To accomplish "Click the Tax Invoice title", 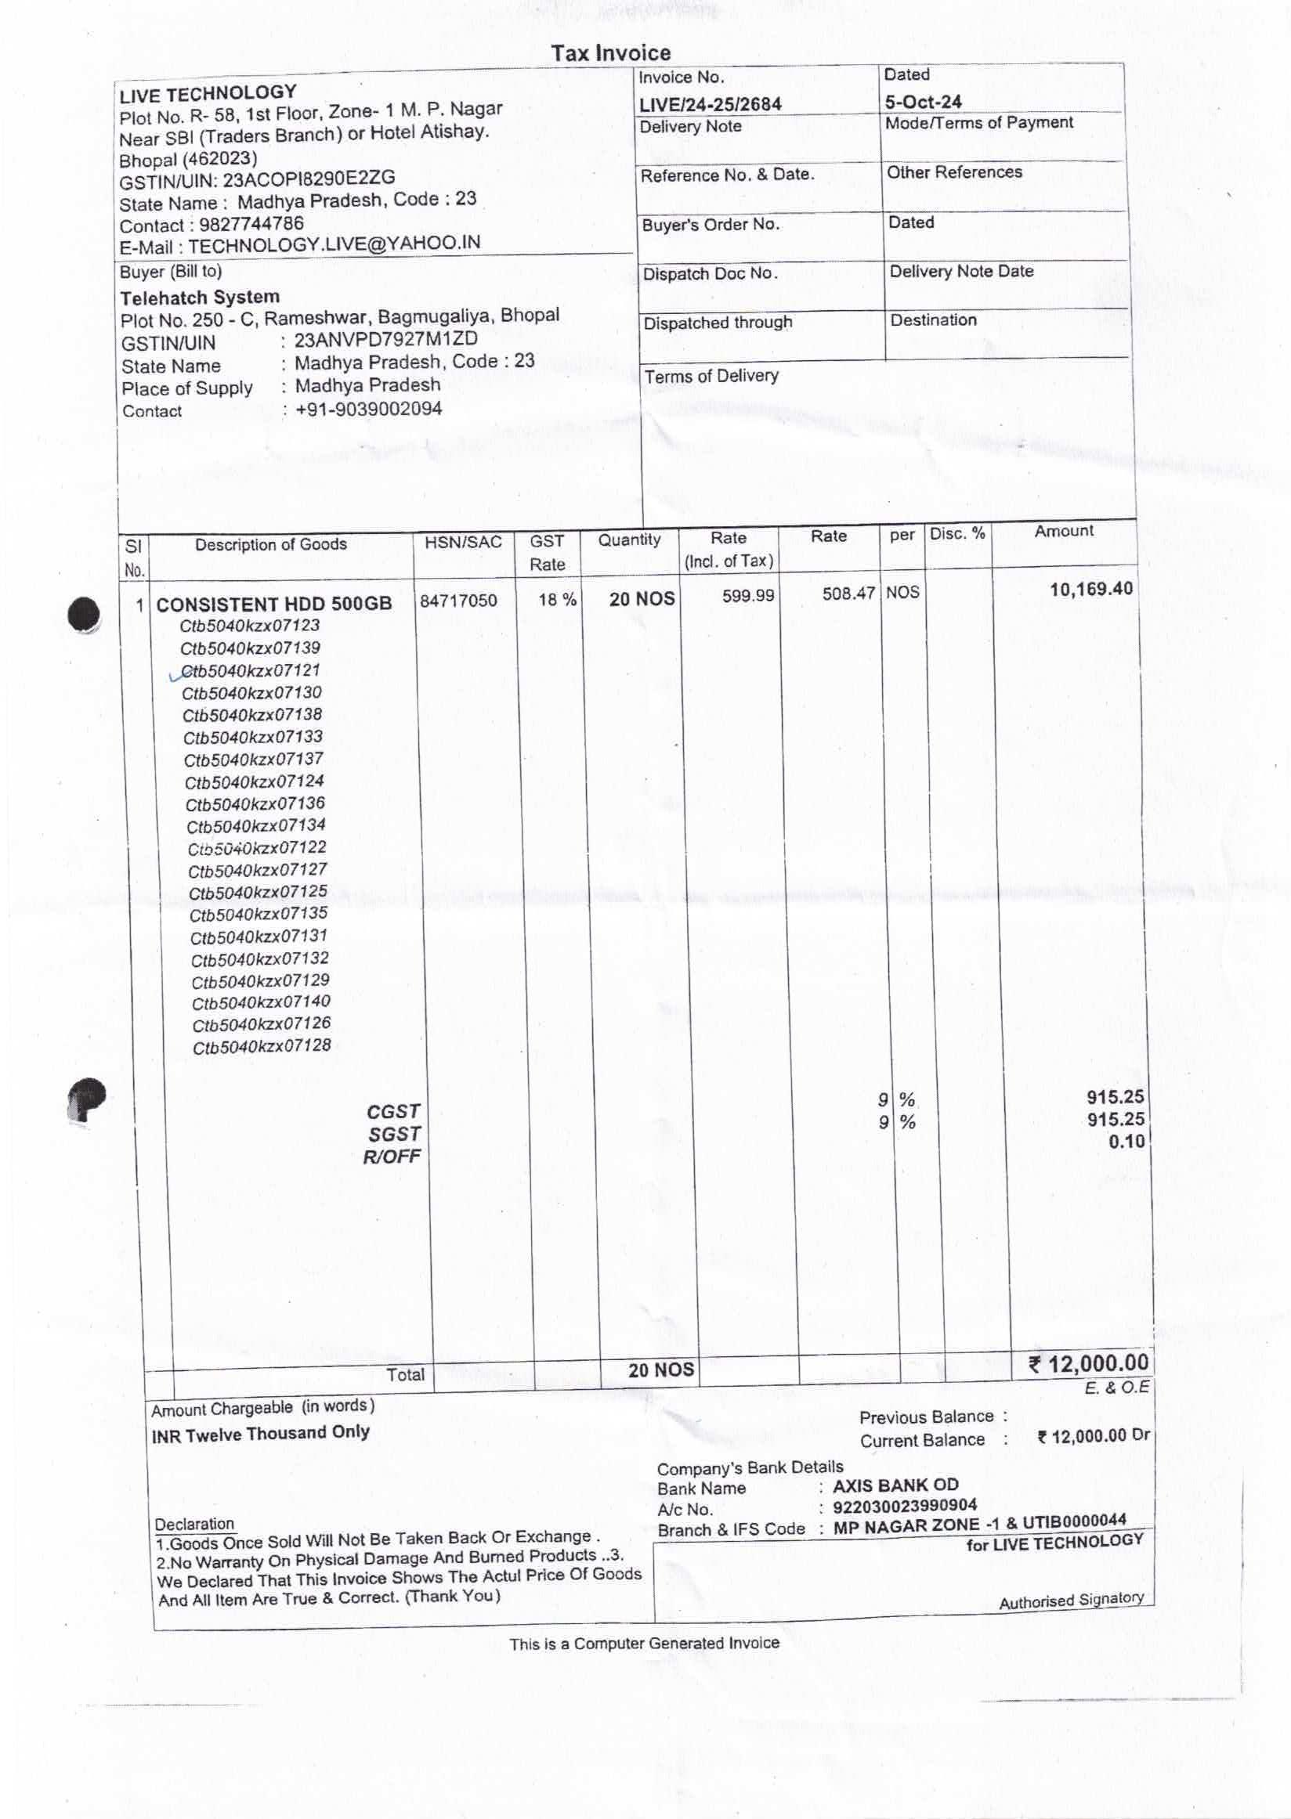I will pos(610,53).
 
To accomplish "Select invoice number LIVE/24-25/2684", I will pos(710,104).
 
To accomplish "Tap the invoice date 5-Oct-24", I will pos(923,102).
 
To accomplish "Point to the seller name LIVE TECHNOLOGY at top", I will pos(208,94).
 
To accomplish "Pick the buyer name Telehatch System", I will pos(200,298).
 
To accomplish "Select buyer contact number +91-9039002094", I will pos(368,410).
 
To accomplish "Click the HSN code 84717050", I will pos(458,600).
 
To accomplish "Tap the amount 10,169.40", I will pos(1090,590).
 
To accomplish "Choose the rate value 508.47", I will pos(848,594).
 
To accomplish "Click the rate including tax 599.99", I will pos(747,595).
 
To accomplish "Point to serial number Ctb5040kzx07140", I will pos(261,1002).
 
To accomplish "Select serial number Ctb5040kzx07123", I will pos(250,626).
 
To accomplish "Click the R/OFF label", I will pos(391,1157).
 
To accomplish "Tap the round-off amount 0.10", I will pos(1126,1142).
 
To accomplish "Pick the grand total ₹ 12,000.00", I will pos(1088,1363).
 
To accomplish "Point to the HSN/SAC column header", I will pos(463,542).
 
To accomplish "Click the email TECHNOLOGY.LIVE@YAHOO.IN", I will pos(334,244).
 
